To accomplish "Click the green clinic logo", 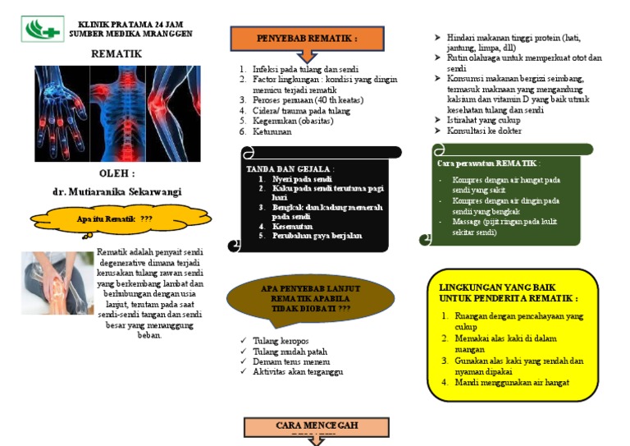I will click(x=43, y=29).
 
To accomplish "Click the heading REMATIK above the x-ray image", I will click(x=116, y=53).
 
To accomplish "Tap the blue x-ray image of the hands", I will click(x=60, y=113).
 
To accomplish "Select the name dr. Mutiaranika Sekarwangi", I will click(x=117, y=191).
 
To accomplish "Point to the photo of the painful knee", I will click(x=57, y=283).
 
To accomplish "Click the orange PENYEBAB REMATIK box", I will click(x=307, y=39).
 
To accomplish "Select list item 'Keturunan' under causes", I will click(x=275, y=131).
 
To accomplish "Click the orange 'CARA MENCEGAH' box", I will click(x=316, y=426).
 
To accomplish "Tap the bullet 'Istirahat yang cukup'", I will click(x=483, y=120).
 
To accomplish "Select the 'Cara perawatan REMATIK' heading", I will click(x=483, y=163).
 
